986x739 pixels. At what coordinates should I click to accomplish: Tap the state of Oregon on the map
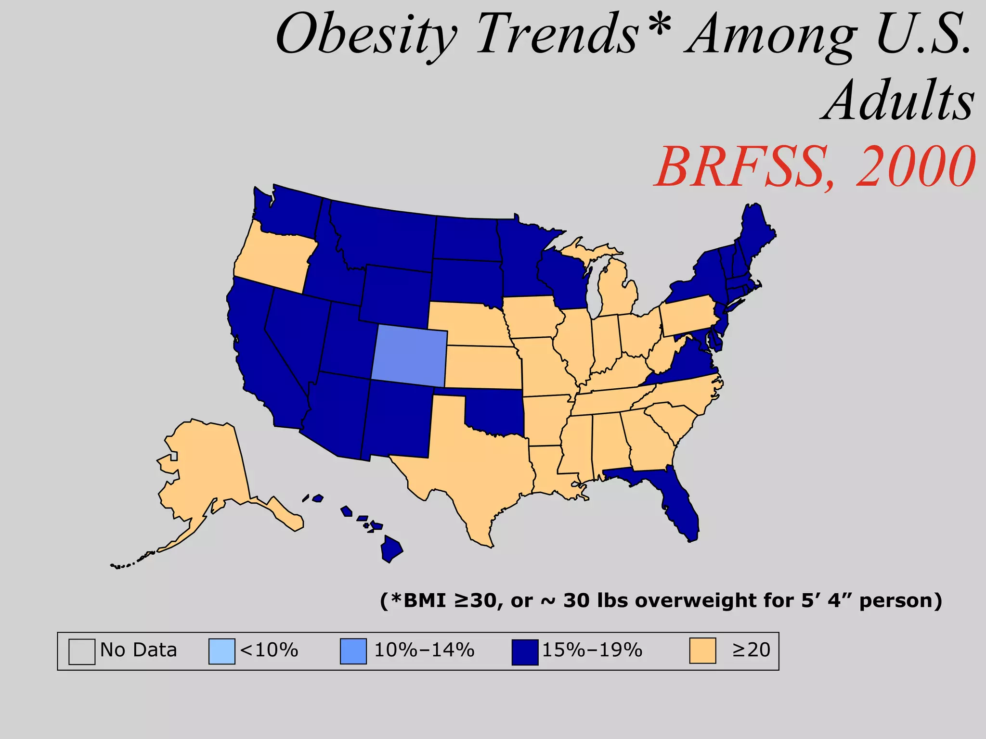point(272,260)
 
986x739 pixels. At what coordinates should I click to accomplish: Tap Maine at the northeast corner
point(756,231)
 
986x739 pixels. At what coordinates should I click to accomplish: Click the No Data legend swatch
point(81,651)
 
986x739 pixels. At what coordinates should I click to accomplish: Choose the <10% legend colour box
point(221,651)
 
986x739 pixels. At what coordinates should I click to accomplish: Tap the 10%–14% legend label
point(424,650)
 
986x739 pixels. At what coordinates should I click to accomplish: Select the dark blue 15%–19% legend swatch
point(525,652)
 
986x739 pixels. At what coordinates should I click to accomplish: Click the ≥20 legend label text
point(751,650)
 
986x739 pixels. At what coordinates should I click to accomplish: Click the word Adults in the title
point(898,101)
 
